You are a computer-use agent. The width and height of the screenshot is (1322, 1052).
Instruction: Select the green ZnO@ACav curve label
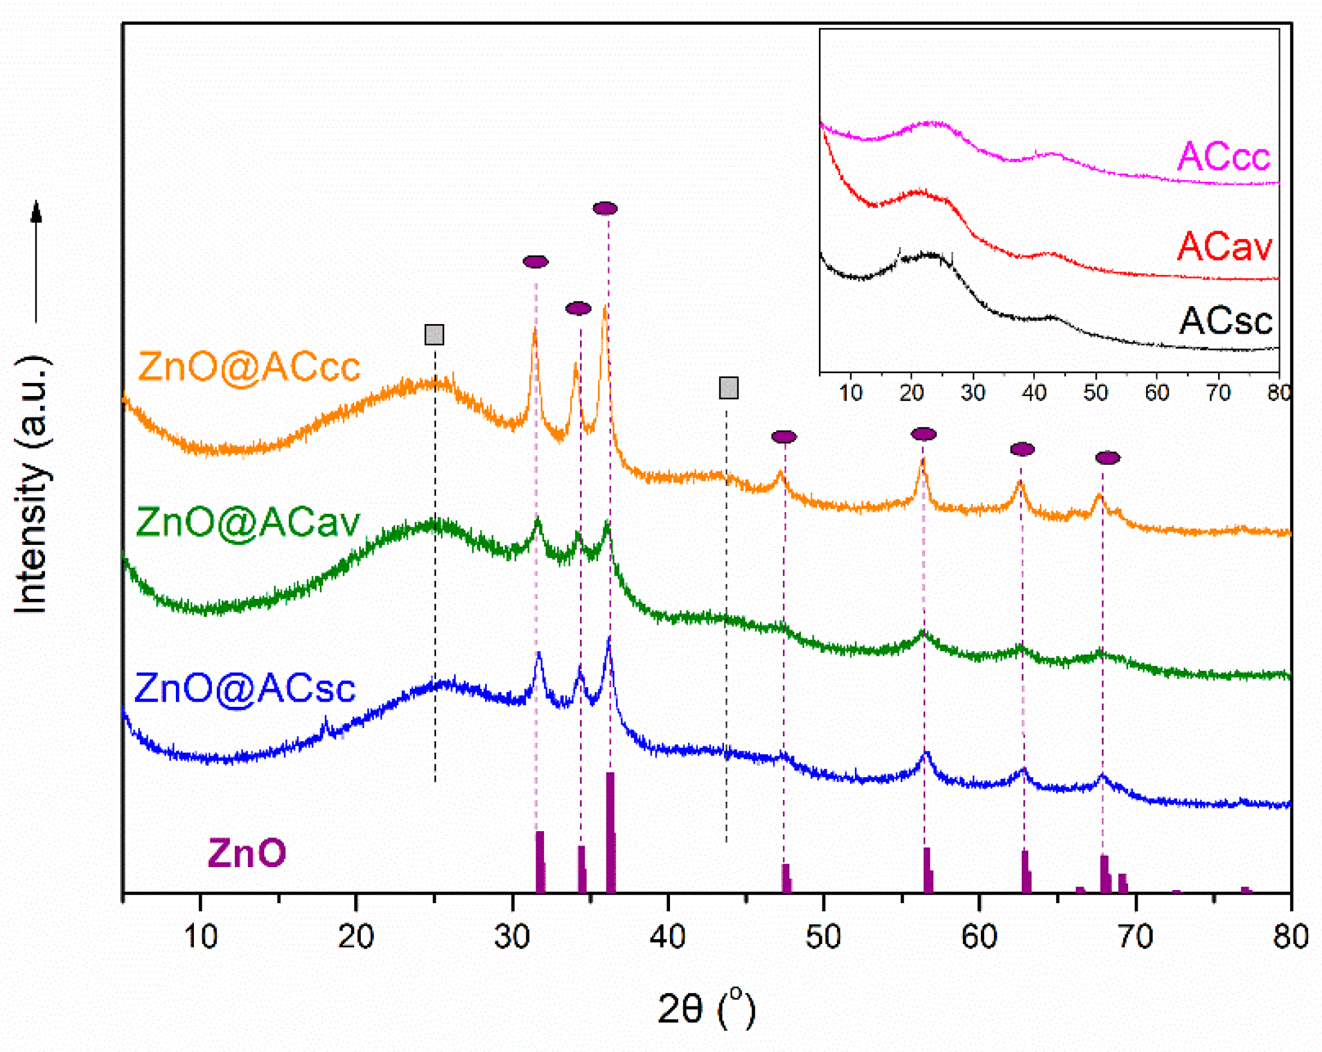248,523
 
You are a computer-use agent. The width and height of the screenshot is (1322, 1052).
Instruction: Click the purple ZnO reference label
247,853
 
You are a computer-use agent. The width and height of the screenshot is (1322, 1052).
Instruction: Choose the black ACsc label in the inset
1226,320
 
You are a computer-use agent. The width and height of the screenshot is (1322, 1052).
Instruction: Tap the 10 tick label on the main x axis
201,937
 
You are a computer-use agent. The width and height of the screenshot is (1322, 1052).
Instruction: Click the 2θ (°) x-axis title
706,1008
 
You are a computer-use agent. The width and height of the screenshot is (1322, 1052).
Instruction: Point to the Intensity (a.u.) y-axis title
32,484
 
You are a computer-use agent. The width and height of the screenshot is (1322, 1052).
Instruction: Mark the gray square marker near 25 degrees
434,335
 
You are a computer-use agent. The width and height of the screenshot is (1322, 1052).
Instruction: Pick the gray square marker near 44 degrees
728,388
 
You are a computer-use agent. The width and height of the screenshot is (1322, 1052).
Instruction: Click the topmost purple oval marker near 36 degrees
605,208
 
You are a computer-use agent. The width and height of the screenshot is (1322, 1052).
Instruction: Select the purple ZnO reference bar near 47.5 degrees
786,878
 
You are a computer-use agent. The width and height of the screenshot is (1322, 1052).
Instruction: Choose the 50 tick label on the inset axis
1096,392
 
